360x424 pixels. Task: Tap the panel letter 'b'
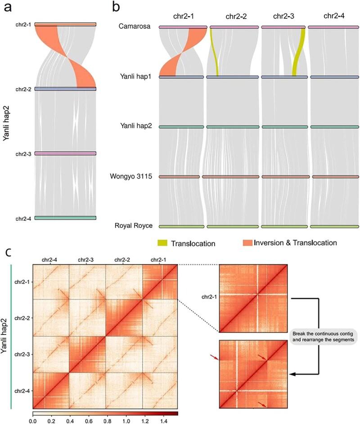116,7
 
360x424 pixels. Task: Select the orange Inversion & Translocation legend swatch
239,243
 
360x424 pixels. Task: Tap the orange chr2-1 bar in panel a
65,24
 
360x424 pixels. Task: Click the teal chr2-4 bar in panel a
65,218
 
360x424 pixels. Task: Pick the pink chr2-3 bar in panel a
65,154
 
